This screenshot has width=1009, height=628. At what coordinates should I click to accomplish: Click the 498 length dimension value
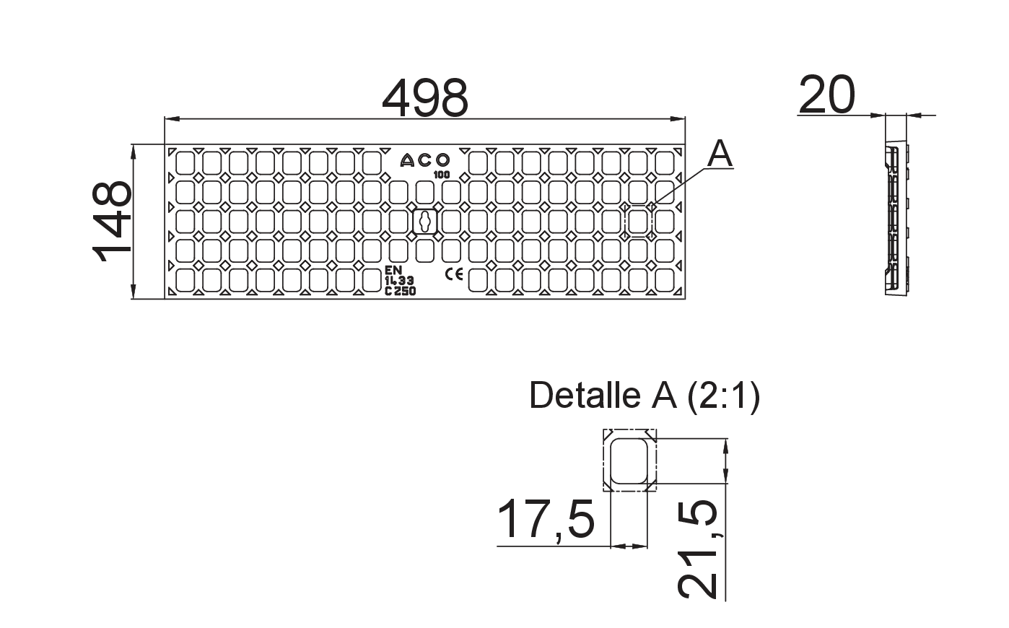pyautogui.click(x=425, y=97)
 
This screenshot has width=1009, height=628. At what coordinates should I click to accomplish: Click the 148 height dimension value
pyautogui.click(x=112, y=221)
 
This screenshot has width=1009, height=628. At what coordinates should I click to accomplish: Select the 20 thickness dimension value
pyautogui.click(x=827, y=95)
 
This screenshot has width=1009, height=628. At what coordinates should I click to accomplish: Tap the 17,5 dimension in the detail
pyautogui.click(x=546, y=519)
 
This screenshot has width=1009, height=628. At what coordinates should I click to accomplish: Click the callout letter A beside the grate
pyautogui.click(x=720, y=154)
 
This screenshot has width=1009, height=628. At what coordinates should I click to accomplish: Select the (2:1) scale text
pyautogui.click(x=723, y=396)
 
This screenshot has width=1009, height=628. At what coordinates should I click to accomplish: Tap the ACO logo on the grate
pyautogui.click(x=425, y=160)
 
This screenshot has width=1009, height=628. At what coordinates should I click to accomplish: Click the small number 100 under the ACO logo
pyautogui.click(x=442, y=175)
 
